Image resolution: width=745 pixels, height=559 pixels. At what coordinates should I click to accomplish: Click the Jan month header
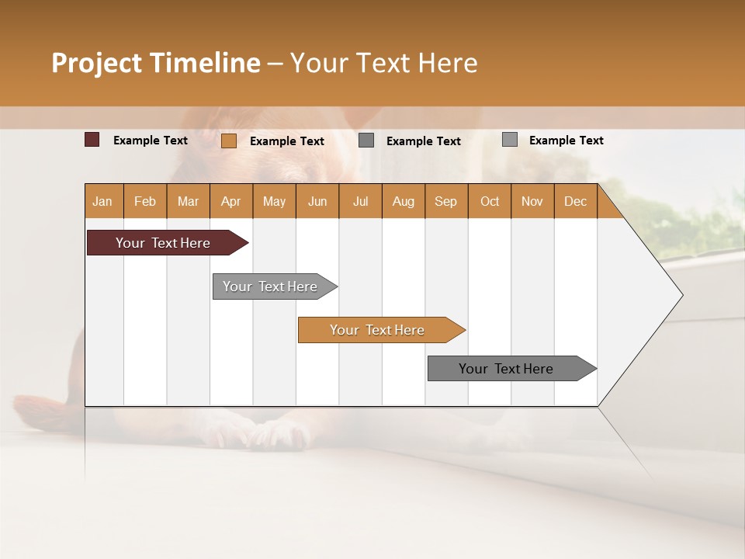tap(102, 202)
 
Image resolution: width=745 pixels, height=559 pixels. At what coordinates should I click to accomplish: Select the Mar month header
tap(188, 202)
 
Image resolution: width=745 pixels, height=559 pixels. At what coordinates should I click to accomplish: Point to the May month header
tap(274, 202)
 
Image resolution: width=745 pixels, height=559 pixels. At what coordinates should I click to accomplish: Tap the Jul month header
tap(360, 202)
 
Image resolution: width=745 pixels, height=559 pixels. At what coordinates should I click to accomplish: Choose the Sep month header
tap(445, 202)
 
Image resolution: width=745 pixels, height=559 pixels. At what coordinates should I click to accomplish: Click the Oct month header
tap(490, 202)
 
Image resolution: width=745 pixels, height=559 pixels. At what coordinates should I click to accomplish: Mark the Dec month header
tap(575, 202)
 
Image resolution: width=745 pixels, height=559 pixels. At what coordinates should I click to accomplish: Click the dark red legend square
tap(92, 140)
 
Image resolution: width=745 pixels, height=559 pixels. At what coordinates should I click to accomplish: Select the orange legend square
tap(229, 141)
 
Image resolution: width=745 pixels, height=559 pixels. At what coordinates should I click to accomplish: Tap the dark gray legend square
tap(366, 141)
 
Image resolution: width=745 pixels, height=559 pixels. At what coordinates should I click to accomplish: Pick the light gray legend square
tap(510, 140)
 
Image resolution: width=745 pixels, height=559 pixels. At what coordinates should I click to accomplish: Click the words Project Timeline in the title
tap(156, 63)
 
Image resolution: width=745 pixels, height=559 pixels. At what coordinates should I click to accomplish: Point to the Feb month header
tap(145, 202)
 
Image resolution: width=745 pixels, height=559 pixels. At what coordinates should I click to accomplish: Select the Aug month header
tap(403, 202)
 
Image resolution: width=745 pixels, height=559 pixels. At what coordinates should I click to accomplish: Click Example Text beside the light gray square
tap(566, 141)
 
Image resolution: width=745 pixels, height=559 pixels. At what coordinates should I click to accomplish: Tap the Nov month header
tap(532, 202)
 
